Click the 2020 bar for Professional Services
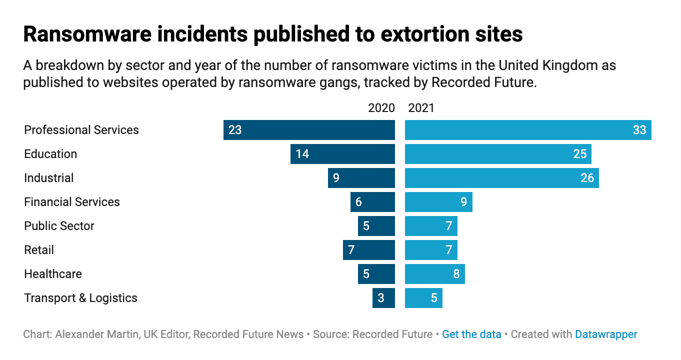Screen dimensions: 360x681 pyautogui.click(x=309, y=130)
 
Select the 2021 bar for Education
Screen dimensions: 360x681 pyautogui.click(x=498, y=154)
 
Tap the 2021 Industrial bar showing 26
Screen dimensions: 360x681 pyautogui.click(x=501, y=178)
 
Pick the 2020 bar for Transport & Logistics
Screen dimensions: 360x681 pyautogui.click(x=383, y=298)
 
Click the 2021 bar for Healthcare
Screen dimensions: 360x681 pyautogui.click(x=434, y=274)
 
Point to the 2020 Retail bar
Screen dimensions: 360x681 pyautogui.click(x=369, y=250)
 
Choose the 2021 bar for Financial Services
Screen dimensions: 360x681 pyautogui.click(x=438, y=202)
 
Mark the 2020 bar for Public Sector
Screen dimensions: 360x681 pyautogui.click(x=376, y=226)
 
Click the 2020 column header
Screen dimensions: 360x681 pyautogui.click(x=381, y=108)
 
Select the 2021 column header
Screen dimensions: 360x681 pyautogui.click(x=421, y=108)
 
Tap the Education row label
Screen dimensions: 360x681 pyautogui.click(x=50, y=154)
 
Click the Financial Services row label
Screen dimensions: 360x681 pyautogui.click(x=72, y=202)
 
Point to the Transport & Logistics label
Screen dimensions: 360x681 pyautogui.click(x=80, y=298)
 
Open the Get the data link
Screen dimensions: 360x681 pyautogui.click(x=471, y=334)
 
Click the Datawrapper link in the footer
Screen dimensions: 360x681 pyautogui.click(x=606, y=334)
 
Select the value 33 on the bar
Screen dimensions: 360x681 pyautogui.click(x=639, y=130)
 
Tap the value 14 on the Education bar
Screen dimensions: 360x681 pyautogui.click(x=302, y=154)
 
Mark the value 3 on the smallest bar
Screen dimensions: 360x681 pyautogui.click(x=381, y=298)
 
